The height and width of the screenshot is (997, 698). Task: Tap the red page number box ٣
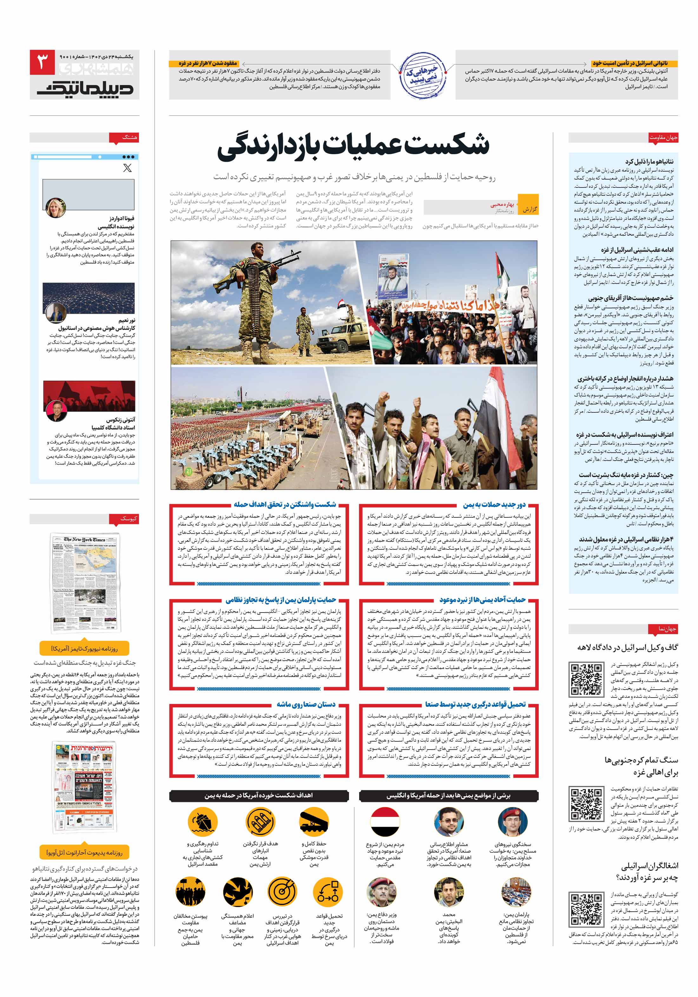[x=42, y=62]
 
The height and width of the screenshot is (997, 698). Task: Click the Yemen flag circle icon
[x=385, y=822]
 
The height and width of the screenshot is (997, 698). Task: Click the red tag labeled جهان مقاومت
[x=663, y=137]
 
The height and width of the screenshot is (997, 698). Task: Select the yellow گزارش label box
[x=530, y=208]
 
